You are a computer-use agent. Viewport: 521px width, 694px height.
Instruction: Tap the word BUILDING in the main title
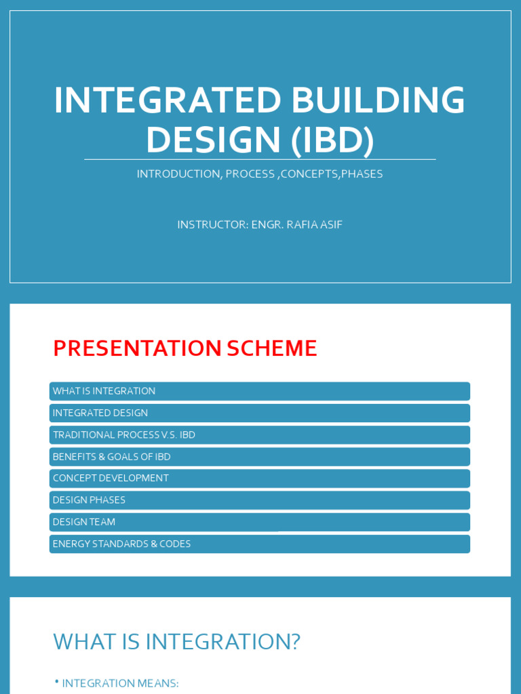378,100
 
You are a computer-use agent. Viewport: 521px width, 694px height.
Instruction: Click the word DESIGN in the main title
213,140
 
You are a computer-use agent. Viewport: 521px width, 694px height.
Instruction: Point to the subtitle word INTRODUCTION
179,174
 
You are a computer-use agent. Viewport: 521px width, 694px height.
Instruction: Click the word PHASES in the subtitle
362,174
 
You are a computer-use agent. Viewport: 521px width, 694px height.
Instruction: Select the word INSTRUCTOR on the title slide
211,224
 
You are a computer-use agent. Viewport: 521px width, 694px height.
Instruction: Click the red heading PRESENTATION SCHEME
185,348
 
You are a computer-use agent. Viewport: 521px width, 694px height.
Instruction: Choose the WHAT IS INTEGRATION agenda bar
259,391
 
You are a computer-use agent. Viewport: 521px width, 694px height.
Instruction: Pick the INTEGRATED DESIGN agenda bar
259,413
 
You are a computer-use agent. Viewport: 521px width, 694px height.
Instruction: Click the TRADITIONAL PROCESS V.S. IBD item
259,435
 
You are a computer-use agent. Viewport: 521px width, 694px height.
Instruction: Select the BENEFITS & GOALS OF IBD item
259,457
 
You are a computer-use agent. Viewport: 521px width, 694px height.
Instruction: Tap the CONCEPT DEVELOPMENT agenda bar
259,478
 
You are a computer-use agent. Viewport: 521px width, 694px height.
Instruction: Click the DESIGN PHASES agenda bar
259,500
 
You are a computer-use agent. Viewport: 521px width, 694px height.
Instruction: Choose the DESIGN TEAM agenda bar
259,522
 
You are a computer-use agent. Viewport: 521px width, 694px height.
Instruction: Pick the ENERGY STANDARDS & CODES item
259,544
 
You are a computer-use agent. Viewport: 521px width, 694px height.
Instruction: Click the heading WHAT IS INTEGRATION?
176,642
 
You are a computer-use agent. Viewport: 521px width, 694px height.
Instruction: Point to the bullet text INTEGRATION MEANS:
120,683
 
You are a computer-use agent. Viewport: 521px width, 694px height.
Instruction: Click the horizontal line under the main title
260,160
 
